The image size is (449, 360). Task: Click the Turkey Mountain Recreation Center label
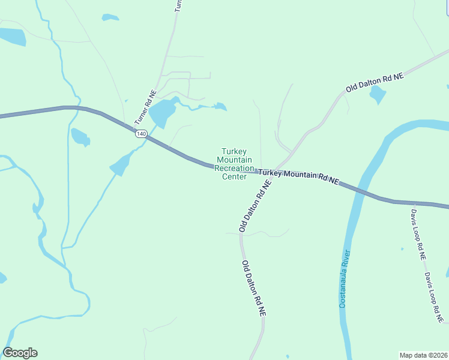(234, 164)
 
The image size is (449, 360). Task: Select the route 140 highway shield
(140, 134)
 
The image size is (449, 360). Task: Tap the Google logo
(20, 353)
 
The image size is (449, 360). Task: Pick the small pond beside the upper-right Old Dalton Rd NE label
(378, 94)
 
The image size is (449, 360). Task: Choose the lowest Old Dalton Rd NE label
(253, 288)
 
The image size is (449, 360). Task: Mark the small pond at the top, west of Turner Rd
(110, 17)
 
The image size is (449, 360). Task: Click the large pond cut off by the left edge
(12, 37)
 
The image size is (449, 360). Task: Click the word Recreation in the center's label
(234, 169)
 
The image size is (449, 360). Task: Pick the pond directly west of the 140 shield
(80, 137)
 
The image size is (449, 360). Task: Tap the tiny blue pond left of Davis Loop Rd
(402, 249)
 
